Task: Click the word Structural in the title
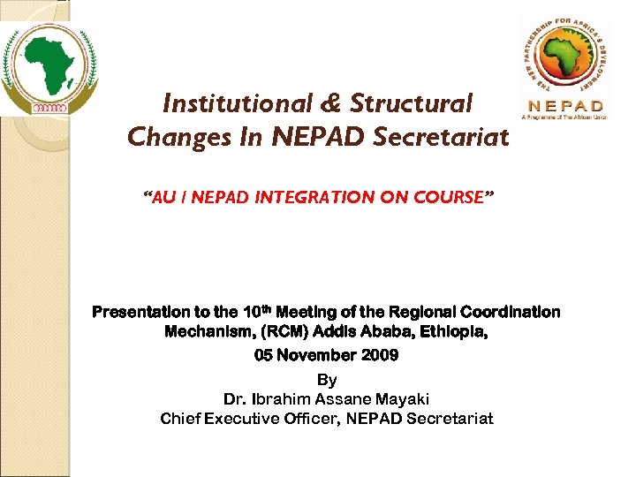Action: point(411,104)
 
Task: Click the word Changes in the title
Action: point(168,138)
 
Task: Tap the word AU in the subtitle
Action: point(165,196)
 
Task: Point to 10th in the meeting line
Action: point(257,311)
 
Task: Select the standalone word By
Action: point(326,380)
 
